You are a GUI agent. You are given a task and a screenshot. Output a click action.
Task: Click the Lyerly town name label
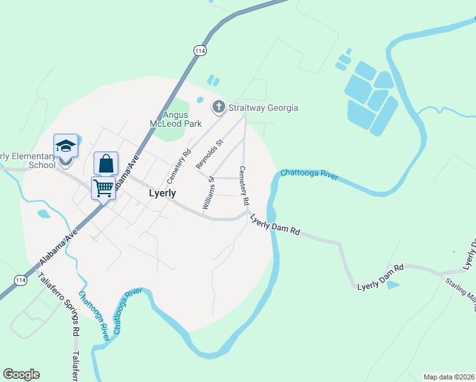[x=162, y=193]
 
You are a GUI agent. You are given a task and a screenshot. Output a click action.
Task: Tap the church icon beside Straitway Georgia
[x=219, y=107]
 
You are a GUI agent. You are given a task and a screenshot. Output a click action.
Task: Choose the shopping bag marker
[x=106, y=163]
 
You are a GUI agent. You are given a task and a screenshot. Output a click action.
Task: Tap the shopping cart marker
[x=103, y=188]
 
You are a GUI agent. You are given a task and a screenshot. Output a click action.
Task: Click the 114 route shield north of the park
[x=200, y=50]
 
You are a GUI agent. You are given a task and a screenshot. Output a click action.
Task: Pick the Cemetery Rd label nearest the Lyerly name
[x=179, y=166]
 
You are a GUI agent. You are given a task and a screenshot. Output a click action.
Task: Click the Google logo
[x=21, y=374]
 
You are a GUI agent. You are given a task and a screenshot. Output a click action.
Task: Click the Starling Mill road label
[x=461, y=290]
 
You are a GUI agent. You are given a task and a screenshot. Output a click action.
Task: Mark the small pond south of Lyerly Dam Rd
[x=393, y=285]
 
